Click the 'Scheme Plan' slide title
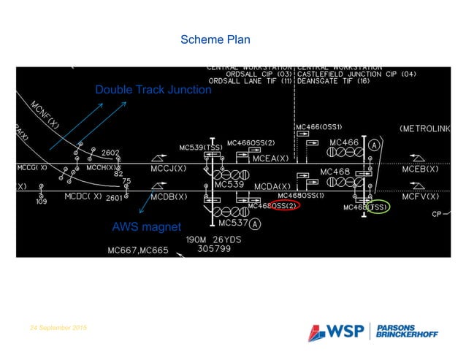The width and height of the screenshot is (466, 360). tap(215, 39)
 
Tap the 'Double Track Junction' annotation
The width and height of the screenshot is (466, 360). tap(153, 90)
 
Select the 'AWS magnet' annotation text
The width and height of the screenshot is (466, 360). tap(146, 227)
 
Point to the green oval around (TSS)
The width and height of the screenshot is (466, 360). tap(376, 207)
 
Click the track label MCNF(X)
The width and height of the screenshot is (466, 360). tap(45, 116)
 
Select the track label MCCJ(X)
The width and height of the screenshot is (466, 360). tap(169, 169)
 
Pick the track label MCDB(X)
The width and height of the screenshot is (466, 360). tap(169, 197)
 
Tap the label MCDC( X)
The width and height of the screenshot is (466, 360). tap(83, 197)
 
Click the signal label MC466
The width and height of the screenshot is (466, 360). tap(344, 142)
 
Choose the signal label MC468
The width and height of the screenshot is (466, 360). tap(335, 172)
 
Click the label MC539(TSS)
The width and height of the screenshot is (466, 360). tap(201, 148)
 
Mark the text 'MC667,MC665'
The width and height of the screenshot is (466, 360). tap(137, 250)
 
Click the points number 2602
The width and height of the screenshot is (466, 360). tap(110, 153)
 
